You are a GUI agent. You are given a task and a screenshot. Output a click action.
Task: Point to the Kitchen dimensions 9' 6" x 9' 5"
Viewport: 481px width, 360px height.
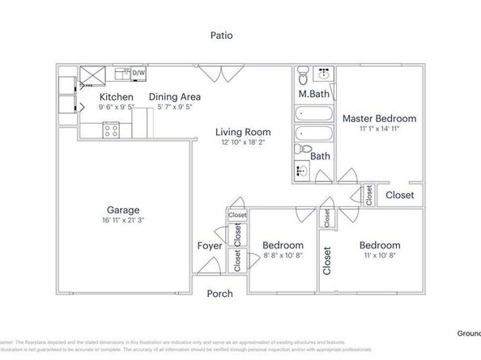(116, 106)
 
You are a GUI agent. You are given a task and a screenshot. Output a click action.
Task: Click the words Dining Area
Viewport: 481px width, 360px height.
(174, 96)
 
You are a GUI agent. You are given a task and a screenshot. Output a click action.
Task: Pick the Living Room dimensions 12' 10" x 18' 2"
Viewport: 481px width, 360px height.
(242, 142)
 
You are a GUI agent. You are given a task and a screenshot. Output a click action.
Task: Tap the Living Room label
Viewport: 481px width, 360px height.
(243, 132)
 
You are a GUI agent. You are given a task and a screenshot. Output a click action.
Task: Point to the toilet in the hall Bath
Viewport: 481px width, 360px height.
(301, 150)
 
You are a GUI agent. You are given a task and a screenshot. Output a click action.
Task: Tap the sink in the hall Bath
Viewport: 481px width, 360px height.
(301, 171)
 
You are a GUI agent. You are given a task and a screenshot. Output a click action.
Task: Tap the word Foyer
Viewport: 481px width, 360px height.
(210, 245)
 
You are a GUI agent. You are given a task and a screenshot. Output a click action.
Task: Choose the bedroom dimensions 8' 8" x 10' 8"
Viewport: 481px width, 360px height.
(283, 256)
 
